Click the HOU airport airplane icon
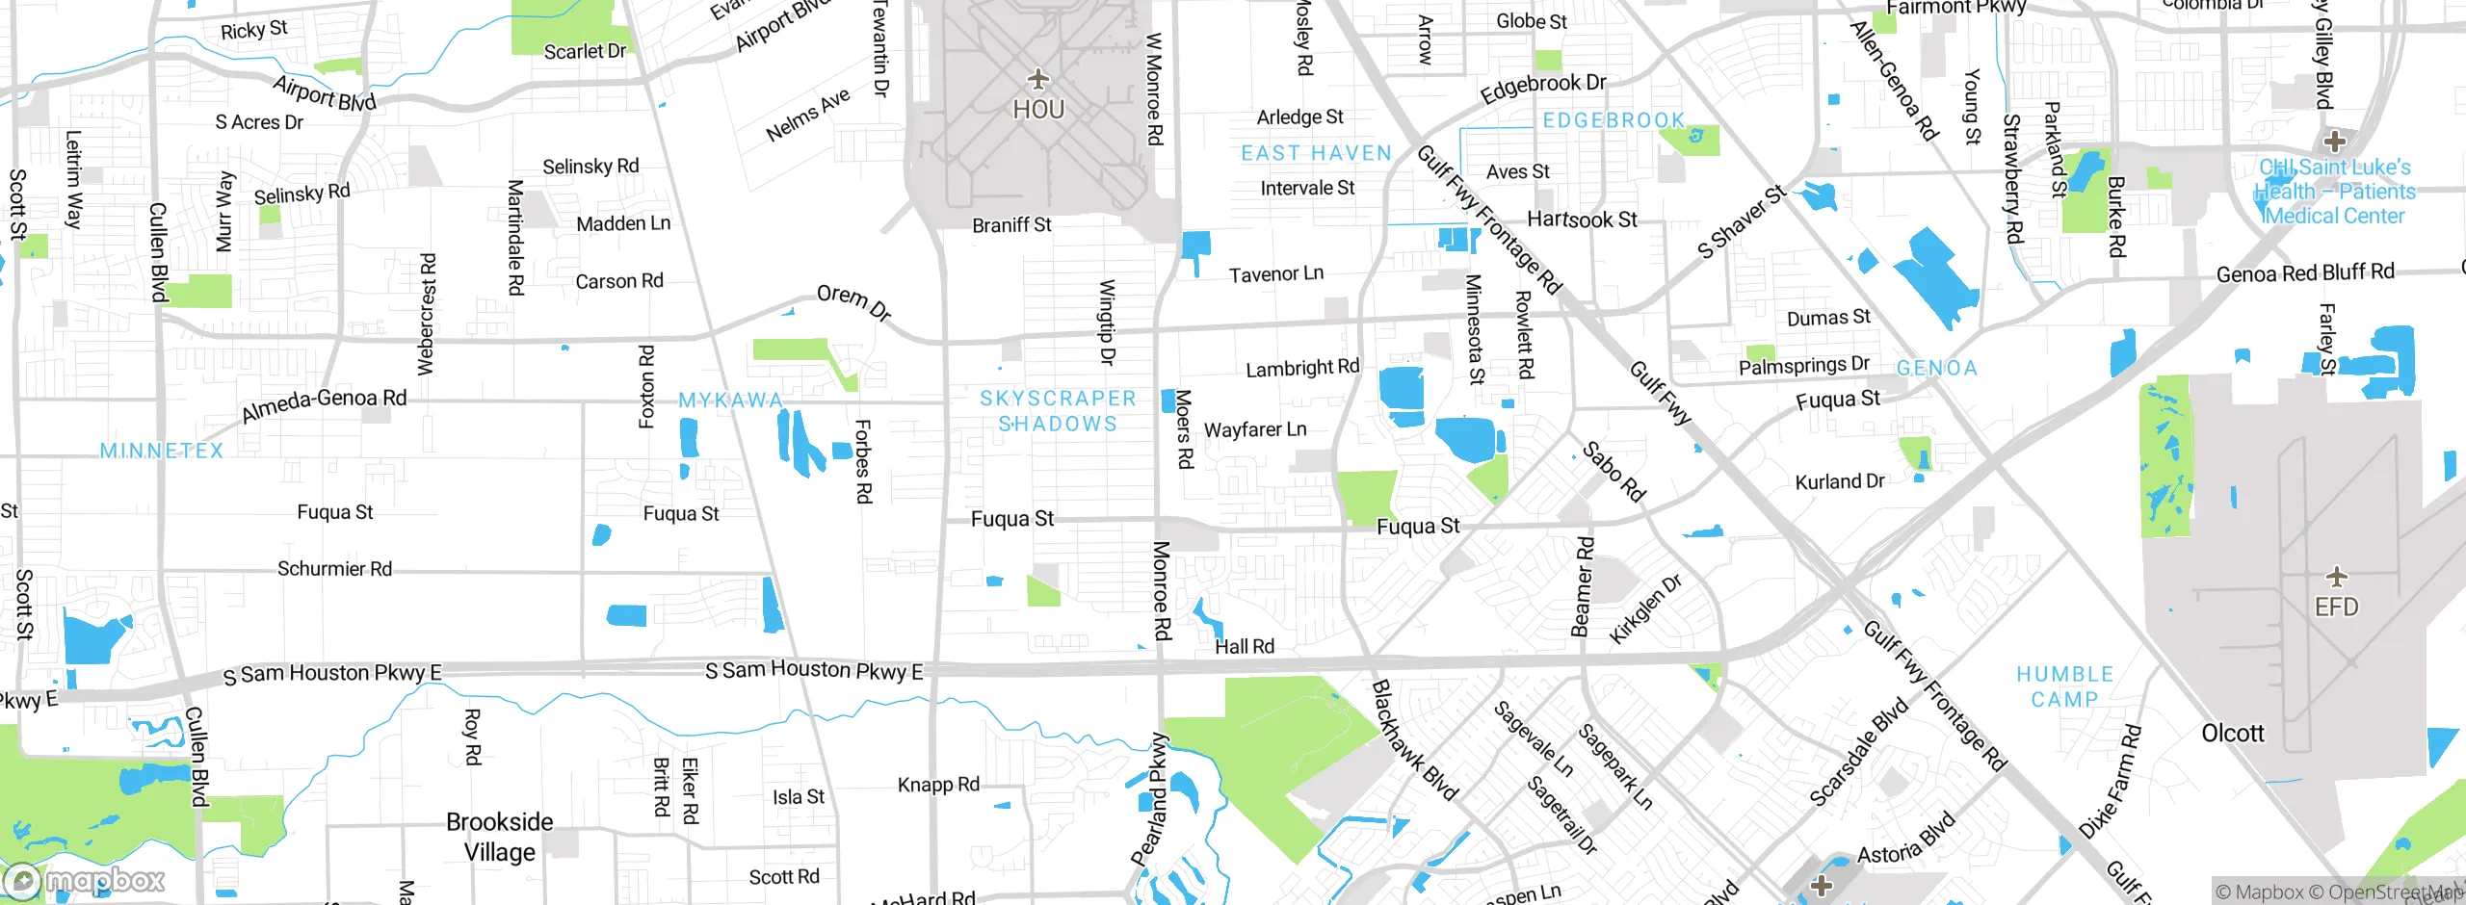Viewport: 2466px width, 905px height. (x=1037, y=79)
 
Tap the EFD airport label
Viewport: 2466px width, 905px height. (x=2336, y=608)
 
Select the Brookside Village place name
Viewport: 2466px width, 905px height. (x=499, y=837)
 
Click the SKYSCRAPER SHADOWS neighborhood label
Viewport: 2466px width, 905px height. (x=1058, y=411)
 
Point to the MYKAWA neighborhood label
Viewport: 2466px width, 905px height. (x=730, y=400)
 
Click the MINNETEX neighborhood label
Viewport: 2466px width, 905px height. (x=162, y=451)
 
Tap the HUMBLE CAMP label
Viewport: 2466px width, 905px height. (x=2064, y=686)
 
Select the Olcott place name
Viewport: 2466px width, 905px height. (x=2232, y=734)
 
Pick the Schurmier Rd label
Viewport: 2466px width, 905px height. (x=334, y=569)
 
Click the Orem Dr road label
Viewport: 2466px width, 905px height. (x=853, y=301)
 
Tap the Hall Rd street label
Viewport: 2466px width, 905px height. (x=1244, y=647)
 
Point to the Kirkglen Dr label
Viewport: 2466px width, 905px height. (x=1645, y=608)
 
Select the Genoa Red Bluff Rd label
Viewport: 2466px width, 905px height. (x=2304, y=273)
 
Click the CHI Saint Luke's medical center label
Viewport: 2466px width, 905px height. (x=2334, y=192)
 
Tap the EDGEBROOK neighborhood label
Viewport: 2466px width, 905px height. (x=1613, y=120)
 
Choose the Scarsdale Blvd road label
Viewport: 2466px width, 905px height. (x=1858, y=752)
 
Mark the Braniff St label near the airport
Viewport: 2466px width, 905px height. (x=1010, y=225)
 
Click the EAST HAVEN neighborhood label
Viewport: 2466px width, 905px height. (x=1316, y=153)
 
